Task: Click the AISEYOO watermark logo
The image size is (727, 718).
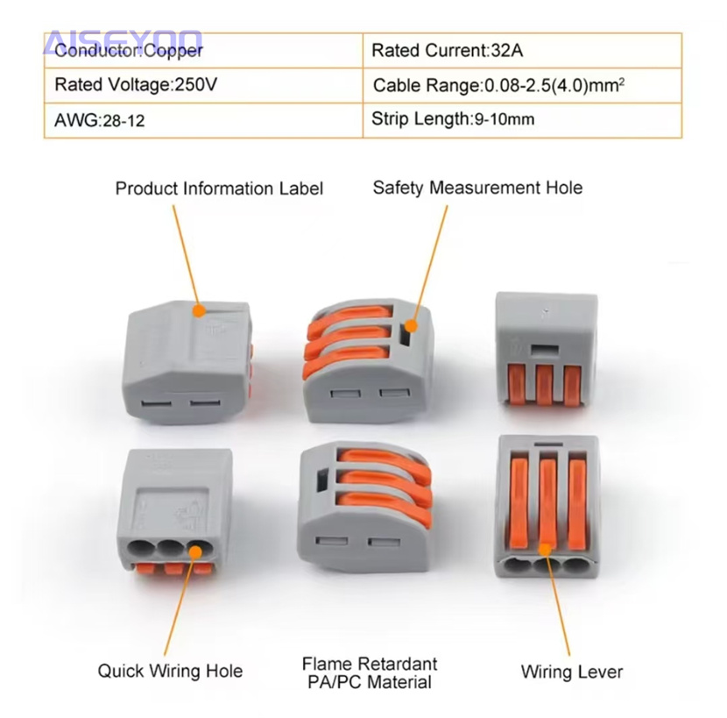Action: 123,41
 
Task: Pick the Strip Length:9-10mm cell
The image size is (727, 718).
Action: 452,119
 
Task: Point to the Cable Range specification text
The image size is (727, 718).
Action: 498,85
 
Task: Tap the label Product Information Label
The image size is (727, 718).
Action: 219,188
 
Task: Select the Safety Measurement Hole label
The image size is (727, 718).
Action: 477,188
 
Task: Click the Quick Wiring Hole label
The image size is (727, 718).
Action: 170,672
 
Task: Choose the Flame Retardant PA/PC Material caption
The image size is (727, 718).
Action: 369,672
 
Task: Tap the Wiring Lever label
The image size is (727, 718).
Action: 571,672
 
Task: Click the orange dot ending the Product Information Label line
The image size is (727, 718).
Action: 200,309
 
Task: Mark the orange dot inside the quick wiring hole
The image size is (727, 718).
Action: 193,551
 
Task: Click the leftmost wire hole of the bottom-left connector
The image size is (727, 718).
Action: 144,551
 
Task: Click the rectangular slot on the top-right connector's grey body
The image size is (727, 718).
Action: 547,349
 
